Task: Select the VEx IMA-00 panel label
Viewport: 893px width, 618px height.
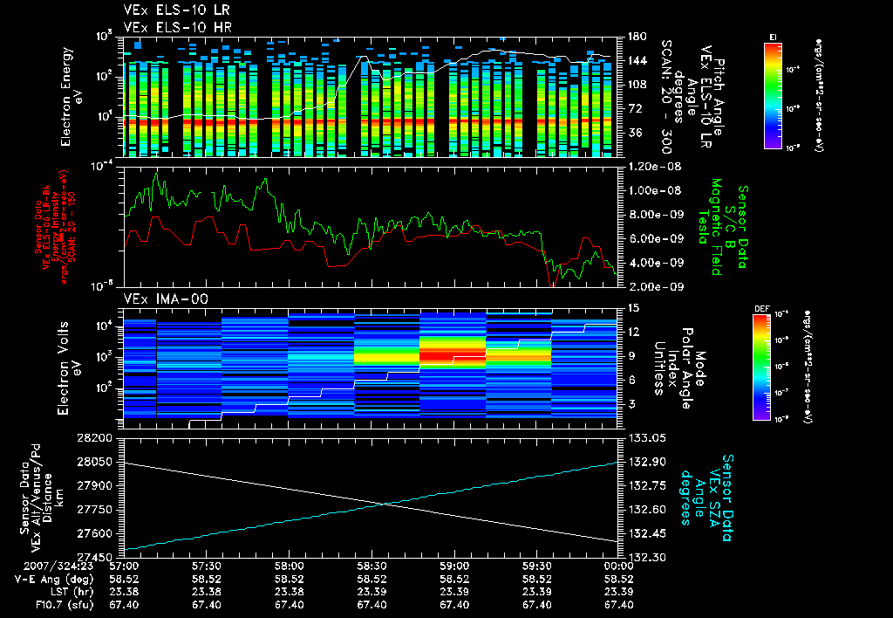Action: (161, 299)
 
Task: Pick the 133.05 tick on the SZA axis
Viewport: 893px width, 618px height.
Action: (644, 437)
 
